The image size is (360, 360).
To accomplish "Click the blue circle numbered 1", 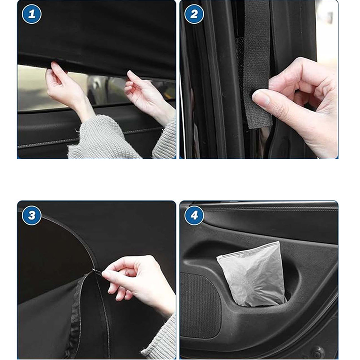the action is click(x=32, y=14).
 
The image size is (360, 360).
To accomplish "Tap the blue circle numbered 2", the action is click(x=194, y=14).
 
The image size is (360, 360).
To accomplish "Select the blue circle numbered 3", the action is click(x=32, y=215).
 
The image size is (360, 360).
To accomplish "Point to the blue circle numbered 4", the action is click(x=194, y=215).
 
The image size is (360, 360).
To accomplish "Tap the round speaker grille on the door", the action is click(x=200, y=305).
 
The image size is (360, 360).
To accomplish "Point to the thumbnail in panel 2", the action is click(x=261, y=98).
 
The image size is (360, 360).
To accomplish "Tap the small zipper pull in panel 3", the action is click(x=96, y=271).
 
